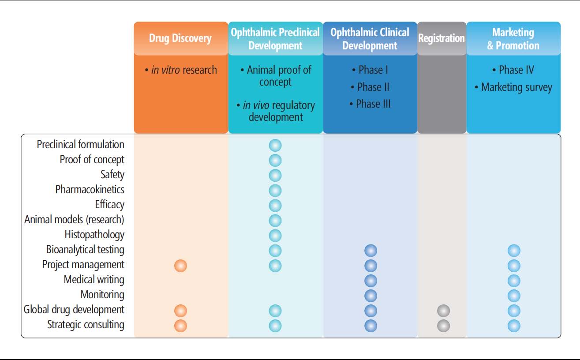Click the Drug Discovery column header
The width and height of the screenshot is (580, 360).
[x=180, y=38]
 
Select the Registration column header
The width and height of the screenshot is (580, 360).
[x=442, y=38]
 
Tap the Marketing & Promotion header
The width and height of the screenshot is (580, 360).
[x=513, y=39]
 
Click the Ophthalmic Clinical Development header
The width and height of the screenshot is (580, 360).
[x=370, y=39]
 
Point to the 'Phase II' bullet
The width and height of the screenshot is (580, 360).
[x=370, y=87]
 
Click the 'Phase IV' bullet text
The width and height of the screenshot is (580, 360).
[x=513, y=70]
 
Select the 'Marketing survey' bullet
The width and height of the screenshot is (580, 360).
[x=513, y=87]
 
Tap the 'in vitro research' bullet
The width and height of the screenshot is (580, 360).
[x=181, y=70]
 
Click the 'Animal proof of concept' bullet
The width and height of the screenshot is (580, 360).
[x=276, y=76]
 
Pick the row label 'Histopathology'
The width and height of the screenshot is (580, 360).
[x=94, y=235]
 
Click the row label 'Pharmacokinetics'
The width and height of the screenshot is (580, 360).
[x=90, y=189]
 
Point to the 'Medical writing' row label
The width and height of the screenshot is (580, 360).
[x=94, y=280]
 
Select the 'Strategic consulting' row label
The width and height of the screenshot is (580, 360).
[x=86, y=325]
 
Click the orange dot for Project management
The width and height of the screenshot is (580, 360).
[x=180, y=266]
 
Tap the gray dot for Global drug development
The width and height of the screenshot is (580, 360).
[x=444, y=311]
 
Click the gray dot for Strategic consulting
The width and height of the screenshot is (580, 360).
[x=444, y=326]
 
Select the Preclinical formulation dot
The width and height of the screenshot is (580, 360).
[x=275, y=145]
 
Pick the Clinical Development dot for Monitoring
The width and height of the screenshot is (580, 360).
[x=371, y=296]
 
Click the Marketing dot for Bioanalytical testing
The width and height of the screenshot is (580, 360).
[x=514, y=251]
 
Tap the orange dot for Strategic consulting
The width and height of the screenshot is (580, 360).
[x=180, y=326]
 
